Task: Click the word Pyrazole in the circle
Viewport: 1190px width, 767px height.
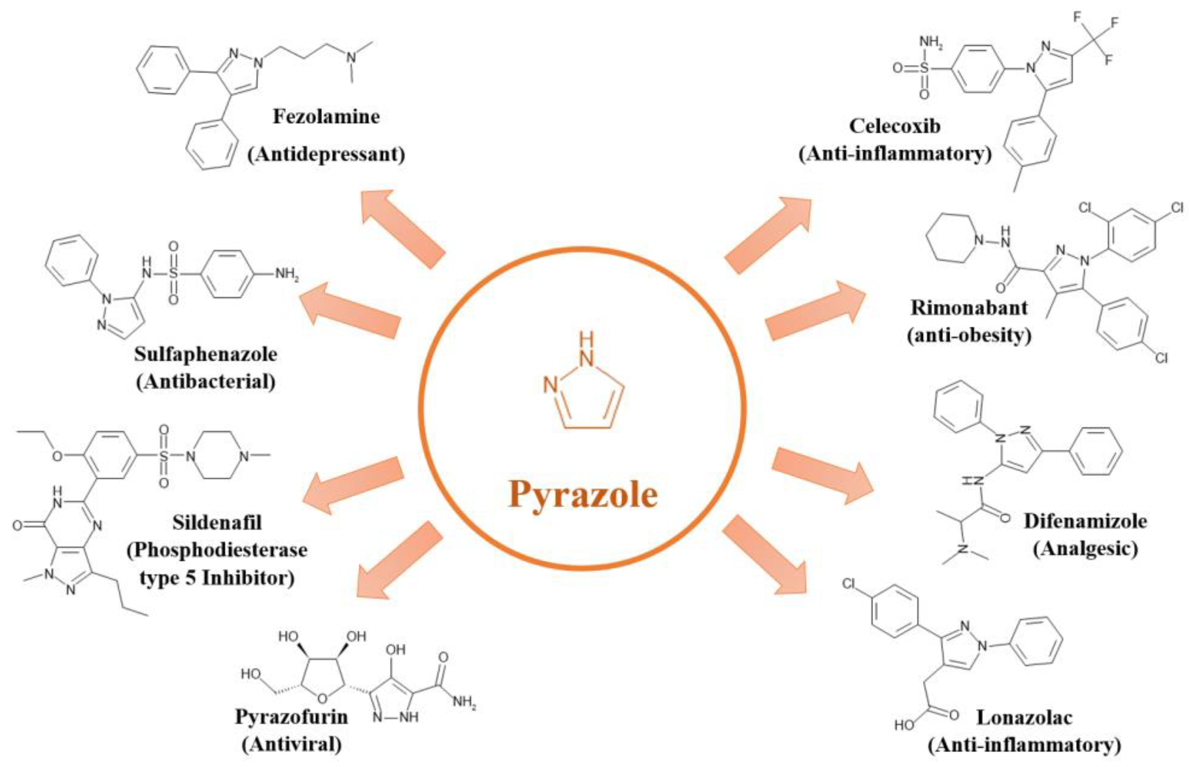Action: pyautogui.click(x=583, y=495)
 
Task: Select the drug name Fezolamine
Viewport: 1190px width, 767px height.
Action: pyautogui.click(x=326, y=116)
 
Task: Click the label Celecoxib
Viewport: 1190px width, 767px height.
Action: pyautogui.click(x=895, y=126)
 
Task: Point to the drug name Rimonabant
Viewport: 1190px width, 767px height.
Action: pyautogui.click(x=969, y=307)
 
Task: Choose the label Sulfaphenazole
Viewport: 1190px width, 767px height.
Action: pyautogui.click(x=206, y=354)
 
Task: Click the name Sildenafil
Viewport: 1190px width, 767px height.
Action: pyautogui.click(x=217, y=522)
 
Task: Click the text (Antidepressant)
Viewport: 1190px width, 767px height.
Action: pyautogui.click(x=326, y=154)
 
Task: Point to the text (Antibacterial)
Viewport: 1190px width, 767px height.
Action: pyautogui.click(x=206, y=382)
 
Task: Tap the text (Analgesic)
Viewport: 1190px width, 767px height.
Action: pyautogui.click(x=1085, y=549)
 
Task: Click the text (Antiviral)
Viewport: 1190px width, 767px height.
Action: pyautogui.click(x=292, y=744)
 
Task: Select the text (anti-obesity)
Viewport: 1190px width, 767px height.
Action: pyautogui.click(x=969, y=335)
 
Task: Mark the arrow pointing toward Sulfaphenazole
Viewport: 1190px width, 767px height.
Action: pyautogui.click(x=351, y=311)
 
